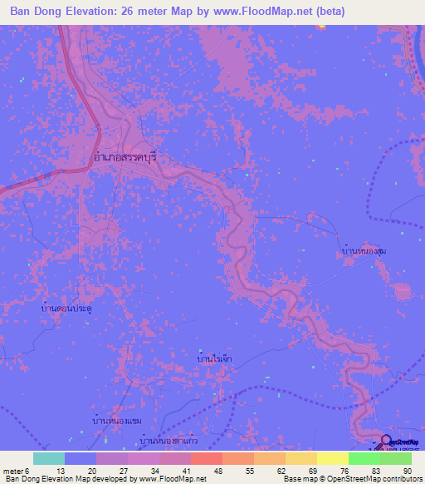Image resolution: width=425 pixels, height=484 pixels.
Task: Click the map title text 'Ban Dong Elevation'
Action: tap(63, 12)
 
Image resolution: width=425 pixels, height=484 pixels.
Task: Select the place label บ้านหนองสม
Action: tap(364, 249)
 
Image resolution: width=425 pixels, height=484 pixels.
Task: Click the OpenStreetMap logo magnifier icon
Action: tap(386, 442)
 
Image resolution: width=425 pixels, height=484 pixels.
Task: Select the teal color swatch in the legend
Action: tap(48, 458)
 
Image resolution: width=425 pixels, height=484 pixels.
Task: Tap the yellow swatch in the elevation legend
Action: tap(332, 458)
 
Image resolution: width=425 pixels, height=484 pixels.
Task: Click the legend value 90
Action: tap(407, 470)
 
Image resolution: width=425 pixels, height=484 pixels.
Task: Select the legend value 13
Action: tap(49, 470)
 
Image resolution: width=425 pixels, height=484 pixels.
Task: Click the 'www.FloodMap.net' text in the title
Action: tap(259, 12)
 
